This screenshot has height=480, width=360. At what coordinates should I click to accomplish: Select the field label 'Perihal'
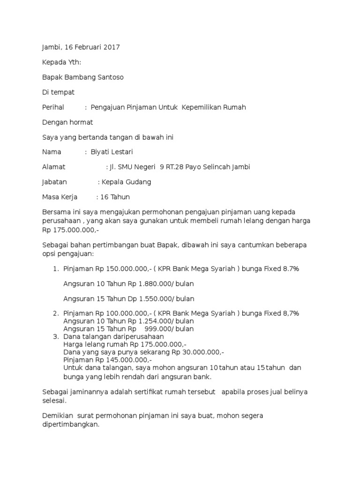tap(53, 107)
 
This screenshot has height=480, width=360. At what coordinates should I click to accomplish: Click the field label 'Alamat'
tap(54, 167)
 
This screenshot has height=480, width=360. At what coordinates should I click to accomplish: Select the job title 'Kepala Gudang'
tap(127, 182)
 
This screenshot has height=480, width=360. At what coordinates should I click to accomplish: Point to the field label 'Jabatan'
tap(54, 182)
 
